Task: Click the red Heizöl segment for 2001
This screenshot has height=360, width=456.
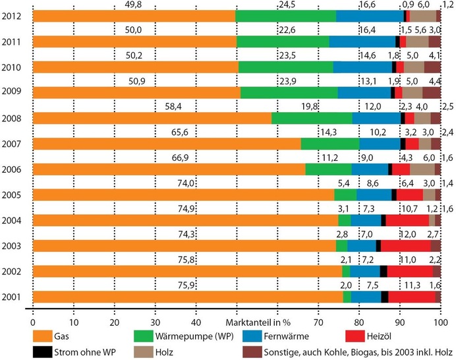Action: [411, 297]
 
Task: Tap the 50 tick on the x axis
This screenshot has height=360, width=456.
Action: [236, 322]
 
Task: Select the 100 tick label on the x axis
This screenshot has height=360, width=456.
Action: [440, 322]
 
